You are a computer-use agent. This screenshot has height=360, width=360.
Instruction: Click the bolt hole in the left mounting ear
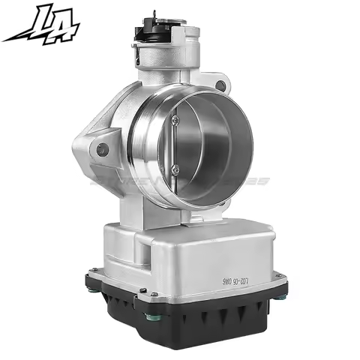click(102, 149)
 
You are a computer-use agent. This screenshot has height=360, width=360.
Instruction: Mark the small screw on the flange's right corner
click(278, 280)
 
